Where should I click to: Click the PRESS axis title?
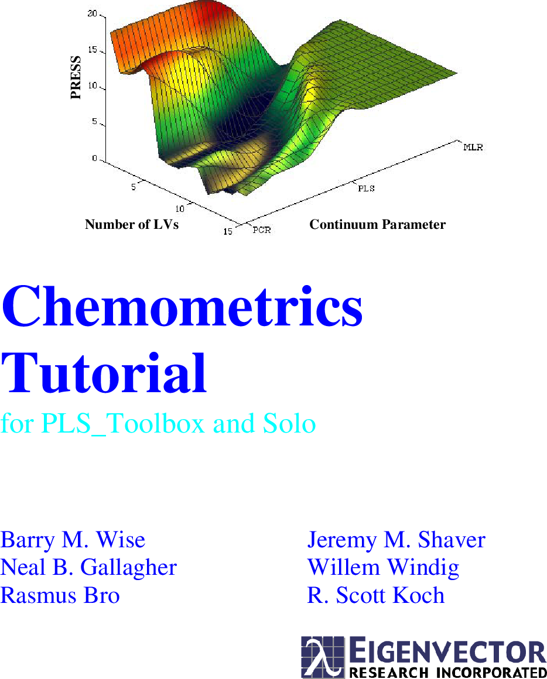tap(76, 78)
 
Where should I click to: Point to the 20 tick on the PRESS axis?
tap(93, 14)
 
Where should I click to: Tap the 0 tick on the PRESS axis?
tap(95, 158)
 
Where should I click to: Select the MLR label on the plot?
tap(473, 147)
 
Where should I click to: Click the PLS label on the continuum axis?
tap(366, 188)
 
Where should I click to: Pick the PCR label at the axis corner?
tap(262, 230)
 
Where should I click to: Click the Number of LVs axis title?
tap(132, 225)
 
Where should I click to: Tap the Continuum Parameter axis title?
tap(377, 225)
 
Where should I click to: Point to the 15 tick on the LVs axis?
tap(228, 232)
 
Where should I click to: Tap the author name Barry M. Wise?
tap(73, 540)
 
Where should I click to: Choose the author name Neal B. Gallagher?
tap(88, 567)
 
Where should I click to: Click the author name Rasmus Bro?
tap(60, 595)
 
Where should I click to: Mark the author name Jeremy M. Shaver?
tap(396, 540)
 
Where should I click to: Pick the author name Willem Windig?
tap(383, 567)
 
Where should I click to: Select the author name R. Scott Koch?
tap(376, 595)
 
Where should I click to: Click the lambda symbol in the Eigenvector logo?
tap(323, 657)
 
